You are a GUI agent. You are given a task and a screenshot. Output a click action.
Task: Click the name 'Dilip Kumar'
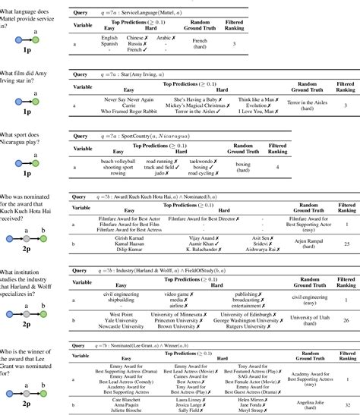pos(120,249)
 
